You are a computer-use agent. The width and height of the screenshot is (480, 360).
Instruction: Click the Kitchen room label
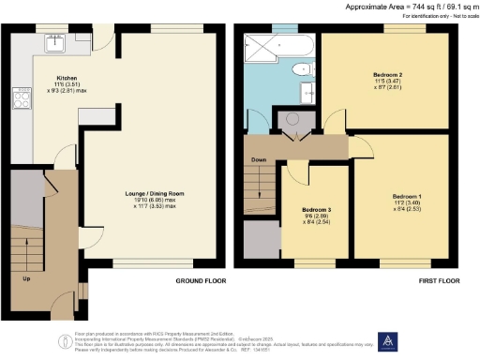coord(66,80)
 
